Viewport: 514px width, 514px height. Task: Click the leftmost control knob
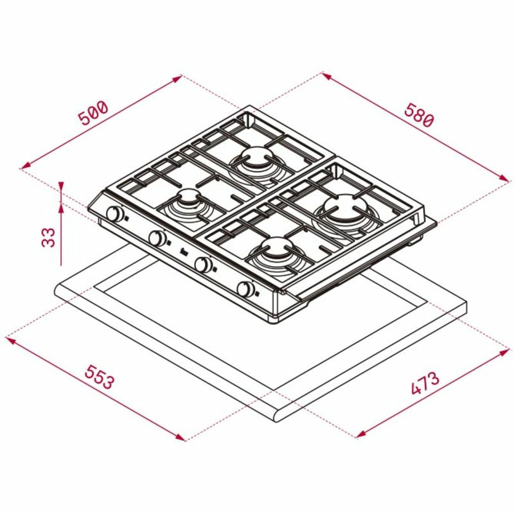click(116, 215)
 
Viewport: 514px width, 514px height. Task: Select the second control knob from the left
click(157, 238)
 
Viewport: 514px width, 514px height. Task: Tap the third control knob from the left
click(203, 264)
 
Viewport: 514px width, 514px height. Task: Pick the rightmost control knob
click(245, 289)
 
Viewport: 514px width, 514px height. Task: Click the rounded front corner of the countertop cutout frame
click(276, 417)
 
